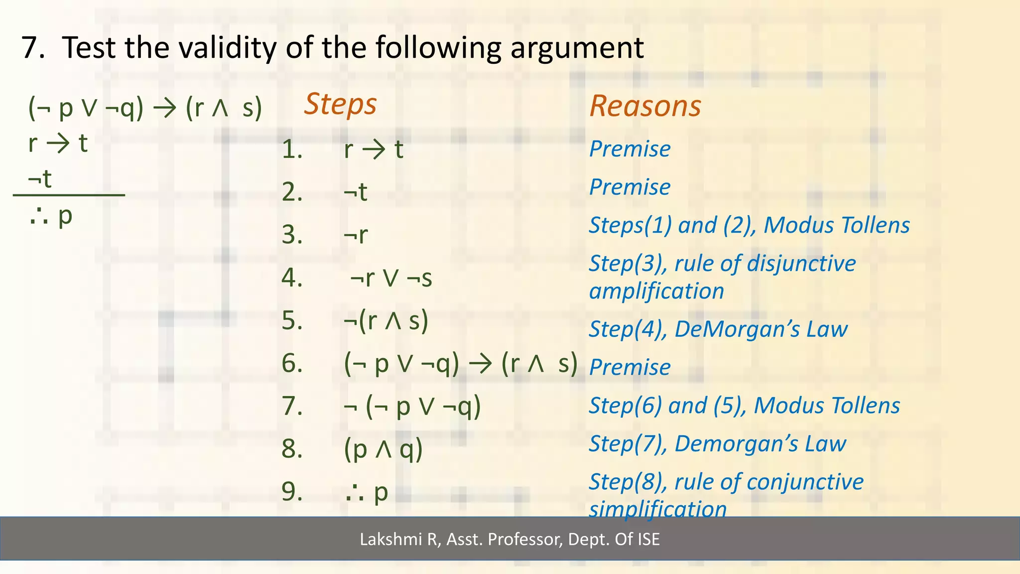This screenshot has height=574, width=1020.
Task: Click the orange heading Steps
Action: pos(340,105)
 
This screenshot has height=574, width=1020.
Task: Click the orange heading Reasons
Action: pos(645,106)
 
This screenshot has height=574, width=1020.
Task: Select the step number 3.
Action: pos(292,235)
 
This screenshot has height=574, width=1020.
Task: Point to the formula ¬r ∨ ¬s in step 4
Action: pos(391,278)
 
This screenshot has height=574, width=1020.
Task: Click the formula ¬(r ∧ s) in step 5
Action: pos(386,321)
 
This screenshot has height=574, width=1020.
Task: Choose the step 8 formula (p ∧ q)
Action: pos(383,449)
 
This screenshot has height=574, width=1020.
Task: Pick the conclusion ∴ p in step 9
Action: pos(367,493)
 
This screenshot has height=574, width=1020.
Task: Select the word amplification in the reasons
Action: pos(656,291)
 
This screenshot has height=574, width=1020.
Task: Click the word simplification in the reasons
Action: pos(657,509)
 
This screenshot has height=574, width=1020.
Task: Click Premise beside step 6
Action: pos(630,368)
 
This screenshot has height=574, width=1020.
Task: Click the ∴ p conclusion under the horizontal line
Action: pos(51,216)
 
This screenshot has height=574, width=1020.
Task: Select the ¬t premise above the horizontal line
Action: pos(40,179)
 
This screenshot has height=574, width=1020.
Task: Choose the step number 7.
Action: pos(292,407)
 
